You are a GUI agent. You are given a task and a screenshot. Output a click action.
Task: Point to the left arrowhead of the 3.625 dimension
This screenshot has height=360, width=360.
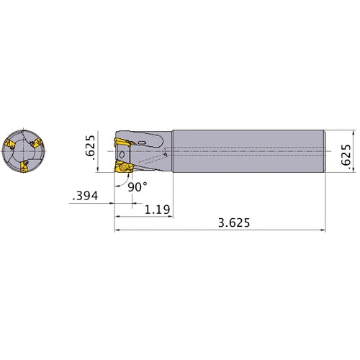click(x=117, y=231)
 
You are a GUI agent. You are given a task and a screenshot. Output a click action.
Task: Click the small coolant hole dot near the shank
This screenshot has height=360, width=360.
click(x=166, y=153)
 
